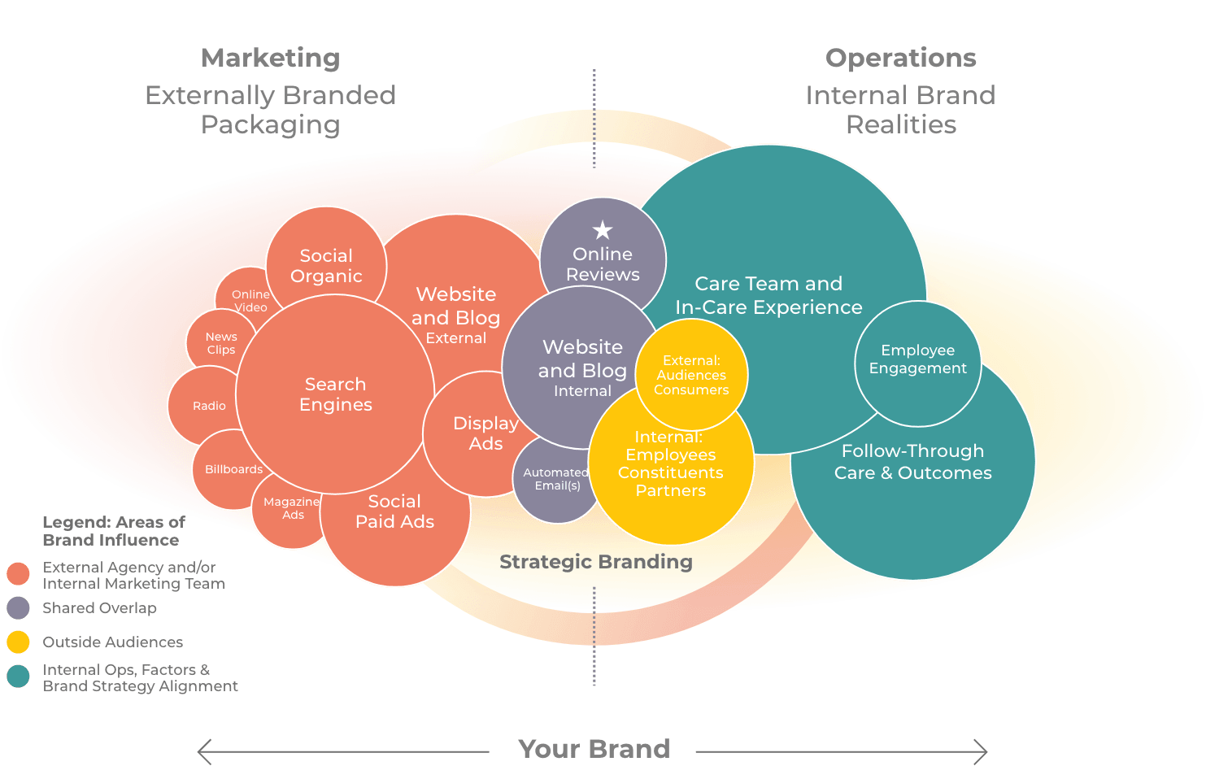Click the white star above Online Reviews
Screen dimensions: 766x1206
pos(603,230)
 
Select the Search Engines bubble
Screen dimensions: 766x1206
pos(335,394)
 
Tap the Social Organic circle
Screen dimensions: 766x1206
pos(326,265)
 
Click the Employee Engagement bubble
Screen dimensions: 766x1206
pos(917,359)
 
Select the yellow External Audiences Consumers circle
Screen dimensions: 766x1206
pos(691,375)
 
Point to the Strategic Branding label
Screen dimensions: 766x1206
pos(595,562)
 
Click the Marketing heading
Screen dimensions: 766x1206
pos(270,59)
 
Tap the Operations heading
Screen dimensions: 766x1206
pos(900,59)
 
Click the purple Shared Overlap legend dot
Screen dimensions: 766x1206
pos(18,608)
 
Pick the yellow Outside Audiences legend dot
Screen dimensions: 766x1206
pos(18,642)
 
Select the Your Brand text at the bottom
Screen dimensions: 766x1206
pos(594,749)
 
